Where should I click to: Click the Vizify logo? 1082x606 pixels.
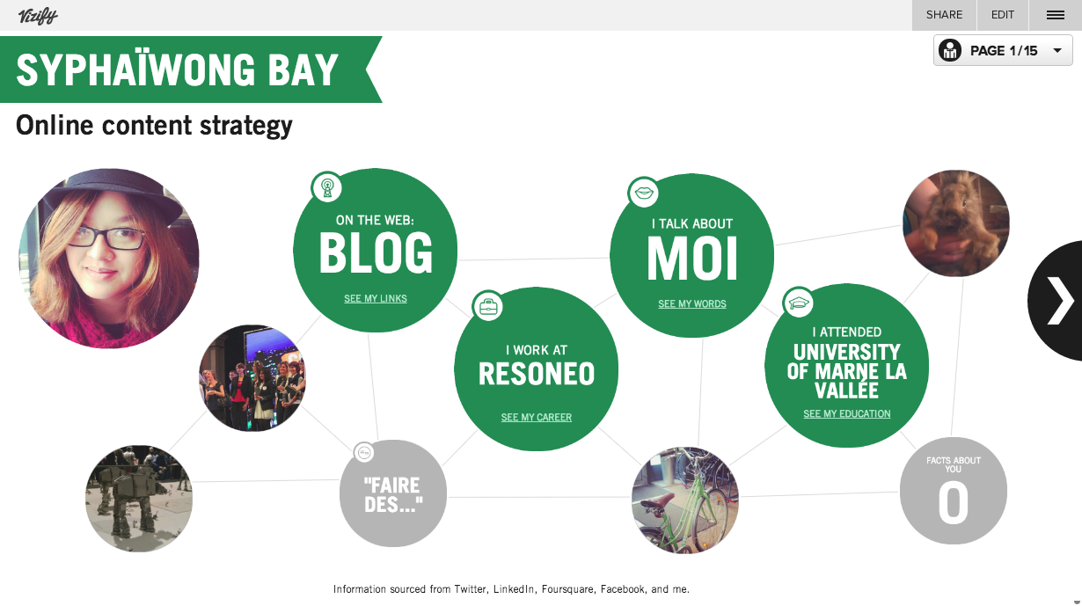(x=38, y=16)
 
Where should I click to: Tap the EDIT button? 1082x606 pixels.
(x=1003, y=15)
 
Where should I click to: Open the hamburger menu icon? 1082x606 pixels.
(x=1056, y=16)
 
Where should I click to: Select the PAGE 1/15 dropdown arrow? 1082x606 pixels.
(x=1057, y=50)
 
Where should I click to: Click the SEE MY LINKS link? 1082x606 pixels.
(x=376, y=298)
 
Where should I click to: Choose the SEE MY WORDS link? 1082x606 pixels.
(x=691, y=303)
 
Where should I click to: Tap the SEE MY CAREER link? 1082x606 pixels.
(x=537, y=417)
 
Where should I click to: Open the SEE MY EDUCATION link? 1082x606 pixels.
(x=847, y=413)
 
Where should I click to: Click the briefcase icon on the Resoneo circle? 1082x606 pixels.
(x=488, y=306)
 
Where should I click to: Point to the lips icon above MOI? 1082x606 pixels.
(x=644, y=193)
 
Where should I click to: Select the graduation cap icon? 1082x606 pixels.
(x=799, y=303)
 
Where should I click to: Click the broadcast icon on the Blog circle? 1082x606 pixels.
(x=327, y=187)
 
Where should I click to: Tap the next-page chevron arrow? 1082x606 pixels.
(x=1060, y=300)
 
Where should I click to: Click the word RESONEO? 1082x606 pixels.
(x=537, y=374)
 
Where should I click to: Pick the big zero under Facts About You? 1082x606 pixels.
(x=953, y=504)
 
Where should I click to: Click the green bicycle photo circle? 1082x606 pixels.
(x=685, y=500)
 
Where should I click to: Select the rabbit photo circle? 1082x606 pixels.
(x=956, y=223)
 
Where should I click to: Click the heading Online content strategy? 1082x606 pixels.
(x=154, y=126)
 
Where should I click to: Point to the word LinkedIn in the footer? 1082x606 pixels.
(x=514, y=589)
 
